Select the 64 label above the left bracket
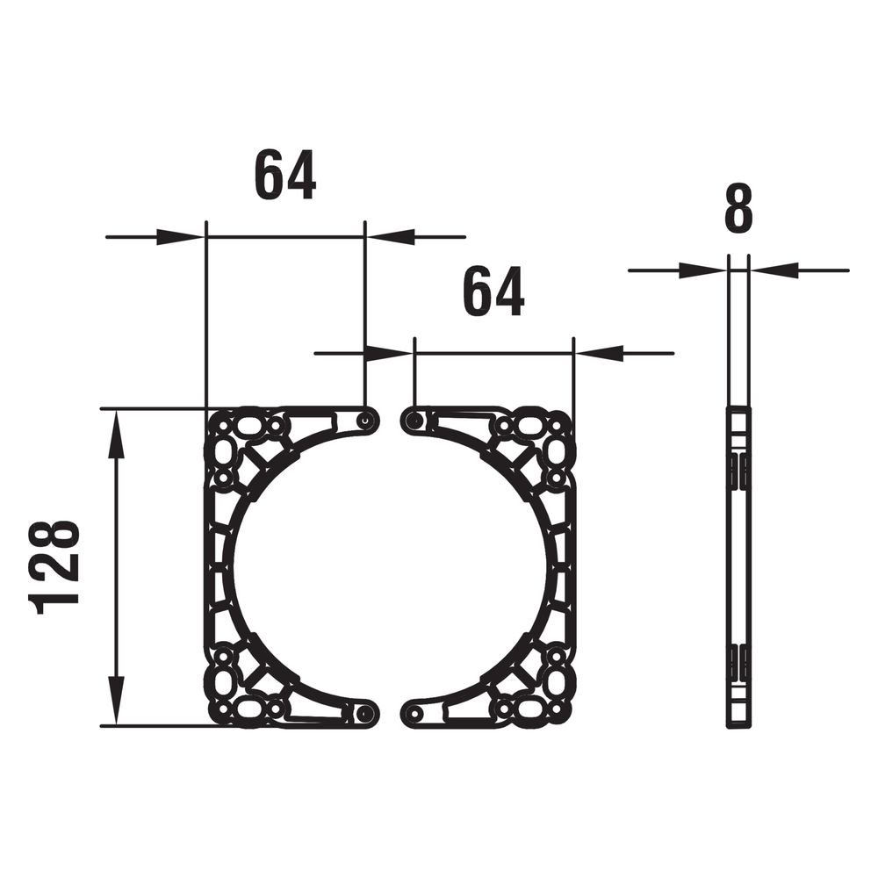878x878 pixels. click(x=285, y=174)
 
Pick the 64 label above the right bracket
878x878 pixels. click(x=493, y=291)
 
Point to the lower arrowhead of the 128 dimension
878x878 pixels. click(x=116, y=701)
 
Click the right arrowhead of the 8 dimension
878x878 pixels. click(x=774, y=270)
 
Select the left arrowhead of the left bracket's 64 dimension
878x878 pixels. click(x=181, y=237)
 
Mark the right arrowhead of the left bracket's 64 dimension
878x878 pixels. click(x=391, y=237)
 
